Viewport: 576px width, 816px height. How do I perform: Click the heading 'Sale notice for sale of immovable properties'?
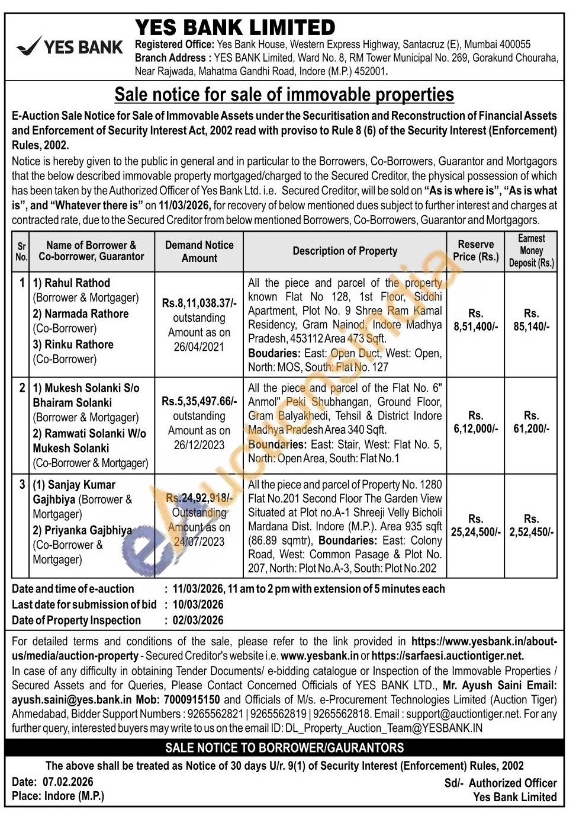pos(284,95)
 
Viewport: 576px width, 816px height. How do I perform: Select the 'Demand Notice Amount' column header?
pos(199,251)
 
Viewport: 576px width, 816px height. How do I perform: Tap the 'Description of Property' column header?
pos(345,251)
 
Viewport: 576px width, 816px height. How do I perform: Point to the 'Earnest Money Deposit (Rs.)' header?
pos(531,251)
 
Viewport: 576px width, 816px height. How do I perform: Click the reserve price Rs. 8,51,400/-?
pos(475,320)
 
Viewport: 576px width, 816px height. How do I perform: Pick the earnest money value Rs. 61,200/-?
pos(531,422)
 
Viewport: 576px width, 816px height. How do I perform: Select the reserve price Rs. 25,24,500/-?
pos(475,526)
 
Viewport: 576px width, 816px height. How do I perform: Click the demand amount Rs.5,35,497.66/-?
pos(199,401)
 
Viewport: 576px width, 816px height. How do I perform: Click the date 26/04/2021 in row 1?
pos(199,347)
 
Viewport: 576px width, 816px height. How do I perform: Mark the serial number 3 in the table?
pos(22,485)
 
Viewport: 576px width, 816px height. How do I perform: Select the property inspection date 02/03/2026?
pos(198,620)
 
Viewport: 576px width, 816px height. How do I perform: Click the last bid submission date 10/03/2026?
pos(198,604)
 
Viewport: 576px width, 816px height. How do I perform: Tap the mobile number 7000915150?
pos(192,700)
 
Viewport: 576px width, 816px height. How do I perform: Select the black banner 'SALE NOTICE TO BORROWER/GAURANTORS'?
pos(284,748)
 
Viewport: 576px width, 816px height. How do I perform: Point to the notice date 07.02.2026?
pos(67,782)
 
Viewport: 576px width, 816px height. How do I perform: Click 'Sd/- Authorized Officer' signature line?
pos(500,783)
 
